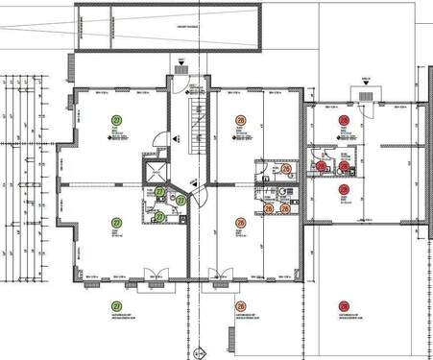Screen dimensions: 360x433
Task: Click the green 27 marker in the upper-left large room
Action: (x=117, y=119)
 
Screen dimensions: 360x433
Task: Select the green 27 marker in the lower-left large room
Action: (x=117, y=223)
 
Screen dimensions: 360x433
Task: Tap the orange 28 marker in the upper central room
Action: (x=241, y=121)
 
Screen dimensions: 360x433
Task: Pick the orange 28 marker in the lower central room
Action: (x=241, y=224)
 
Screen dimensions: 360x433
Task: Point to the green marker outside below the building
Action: (x=117, y=304)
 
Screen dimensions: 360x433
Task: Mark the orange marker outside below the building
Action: (x=241, y=304)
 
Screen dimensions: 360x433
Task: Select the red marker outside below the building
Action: (x=343, y=304)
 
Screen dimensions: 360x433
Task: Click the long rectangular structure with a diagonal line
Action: (x=167, y=30)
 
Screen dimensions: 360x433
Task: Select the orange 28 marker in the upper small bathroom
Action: (x=287, y=167)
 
